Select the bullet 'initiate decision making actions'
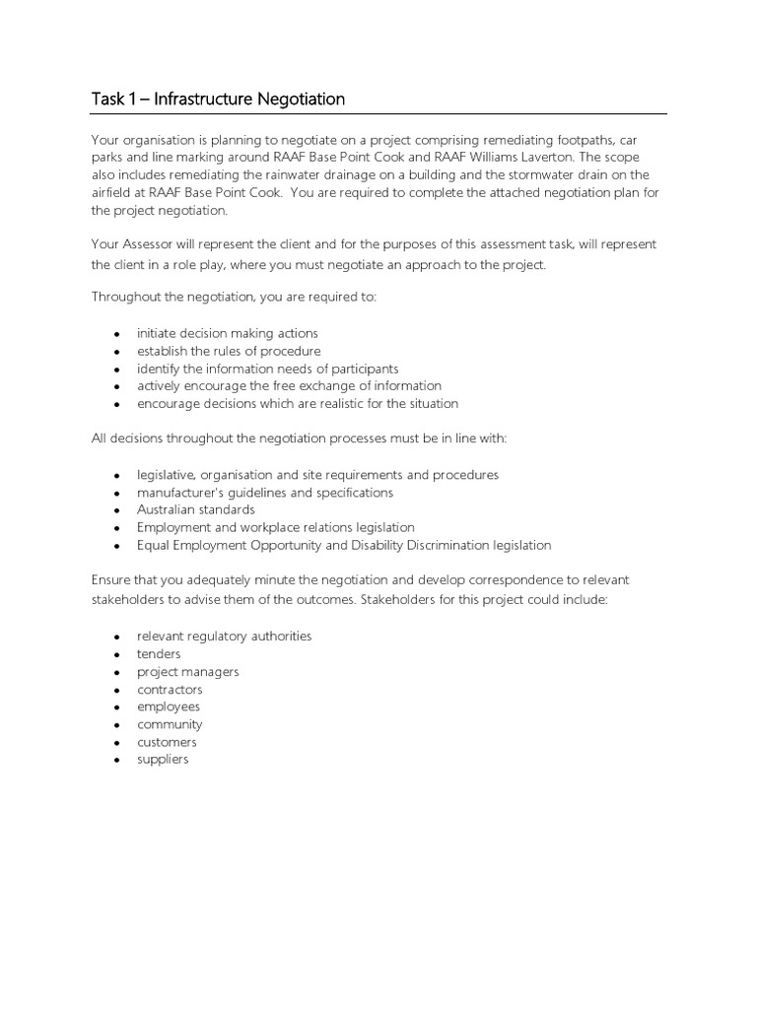click(227, 333)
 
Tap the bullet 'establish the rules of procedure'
click(229, 351)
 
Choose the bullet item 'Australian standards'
click(195, 509)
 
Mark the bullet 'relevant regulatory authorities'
click(224, 636)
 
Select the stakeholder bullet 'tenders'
click(159, 653)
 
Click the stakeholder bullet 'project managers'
click(187, 671)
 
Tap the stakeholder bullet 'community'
click(170, 724)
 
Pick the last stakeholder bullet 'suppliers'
click(163, 760)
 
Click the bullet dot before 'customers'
click(117, 743)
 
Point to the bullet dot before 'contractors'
click(117, 690)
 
